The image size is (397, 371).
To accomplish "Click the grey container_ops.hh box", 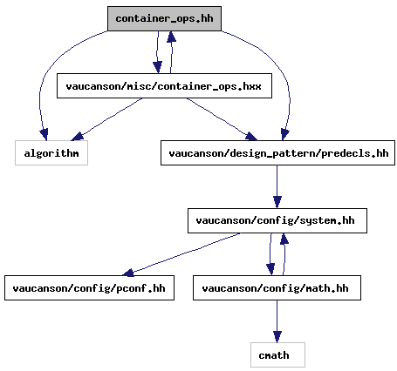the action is click(164, 18).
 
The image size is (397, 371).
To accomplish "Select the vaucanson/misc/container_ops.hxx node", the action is click(164, 86).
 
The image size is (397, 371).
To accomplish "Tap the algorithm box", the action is click(51, 153).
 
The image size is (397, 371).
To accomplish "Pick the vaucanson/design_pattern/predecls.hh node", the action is click(277, 153).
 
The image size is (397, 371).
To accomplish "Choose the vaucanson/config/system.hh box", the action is click(277, 220).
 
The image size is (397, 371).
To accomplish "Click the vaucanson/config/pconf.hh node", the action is click(89, 288).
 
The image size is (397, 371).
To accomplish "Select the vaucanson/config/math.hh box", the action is click(277, 288).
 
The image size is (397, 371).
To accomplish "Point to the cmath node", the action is click(277, 355).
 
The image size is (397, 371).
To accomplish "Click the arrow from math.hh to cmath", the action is click(277, 321).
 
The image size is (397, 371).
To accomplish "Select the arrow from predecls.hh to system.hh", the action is click(277, 186).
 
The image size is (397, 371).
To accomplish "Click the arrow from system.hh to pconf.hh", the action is click(181, 254).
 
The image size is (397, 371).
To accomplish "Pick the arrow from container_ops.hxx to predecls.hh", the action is click(222, 119).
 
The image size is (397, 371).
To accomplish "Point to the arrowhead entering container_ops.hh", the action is click(171, 37).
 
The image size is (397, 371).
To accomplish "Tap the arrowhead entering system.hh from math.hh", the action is click(284, 239).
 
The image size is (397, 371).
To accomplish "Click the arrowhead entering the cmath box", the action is click(277, 337).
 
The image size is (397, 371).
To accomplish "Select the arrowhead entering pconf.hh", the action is click(128, 273).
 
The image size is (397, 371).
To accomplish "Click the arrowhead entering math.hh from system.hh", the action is click(270, 270).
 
